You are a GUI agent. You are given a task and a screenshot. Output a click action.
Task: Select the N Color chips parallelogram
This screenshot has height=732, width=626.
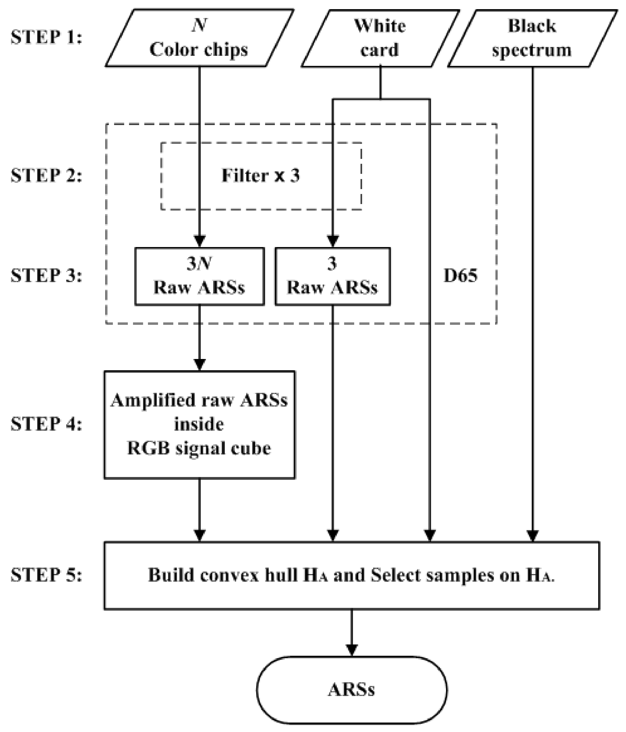(x=200, y=38)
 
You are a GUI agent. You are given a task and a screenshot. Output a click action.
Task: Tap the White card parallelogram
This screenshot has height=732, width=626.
(x=380, y=38)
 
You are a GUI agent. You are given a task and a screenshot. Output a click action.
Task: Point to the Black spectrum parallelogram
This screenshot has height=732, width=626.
(x=532, y=38)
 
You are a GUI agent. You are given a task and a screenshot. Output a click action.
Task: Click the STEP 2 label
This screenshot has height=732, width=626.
(x=46, y=175)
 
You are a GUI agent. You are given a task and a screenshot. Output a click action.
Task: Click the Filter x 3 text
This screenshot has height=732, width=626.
(x=261, y=175)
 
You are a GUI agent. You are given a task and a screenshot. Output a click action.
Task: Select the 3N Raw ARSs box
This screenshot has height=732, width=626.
(x=200, y=276)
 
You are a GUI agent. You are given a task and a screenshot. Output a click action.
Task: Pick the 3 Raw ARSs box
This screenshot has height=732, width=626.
(x=333, y=276)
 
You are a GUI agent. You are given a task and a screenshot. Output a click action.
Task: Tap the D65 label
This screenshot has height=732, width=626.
(x=460, y=275)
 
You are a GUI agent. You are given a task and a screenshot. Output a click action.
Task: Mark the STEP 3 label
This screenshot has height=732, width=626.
(x=46, y=275)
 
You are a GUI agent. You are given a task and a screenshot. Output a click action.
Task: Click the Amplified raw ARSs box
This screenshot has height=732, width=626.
(x=200, y=425)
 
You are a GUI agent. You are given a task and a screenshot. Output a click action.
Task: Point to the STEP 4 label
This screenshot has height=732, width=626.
(x=46, y=424)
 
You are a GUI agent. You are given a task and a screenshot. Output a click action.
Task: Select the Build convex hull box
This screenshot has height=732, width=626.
(x=351, y=576)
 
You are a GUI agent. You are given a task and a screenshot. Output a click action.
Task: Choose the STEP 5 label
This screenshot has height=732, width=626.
(x=46, y=575)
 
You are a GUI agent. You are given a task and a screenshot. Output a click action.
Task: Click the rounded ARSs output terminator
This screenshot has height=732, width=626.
(x=351, y=690)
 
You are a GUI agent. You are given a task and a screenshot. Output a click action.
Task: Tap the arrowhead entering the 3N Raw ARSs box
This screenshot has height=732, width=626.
(x=200, y=241)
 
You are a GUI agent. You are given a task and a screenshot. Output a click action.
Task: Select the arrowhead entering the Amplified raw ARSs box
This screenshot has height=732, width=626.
(x=200, y=364)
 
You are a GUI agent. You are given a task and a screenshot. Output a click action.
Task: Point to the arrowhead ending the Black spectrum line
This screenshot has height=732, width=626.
(x=532, y=536)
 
